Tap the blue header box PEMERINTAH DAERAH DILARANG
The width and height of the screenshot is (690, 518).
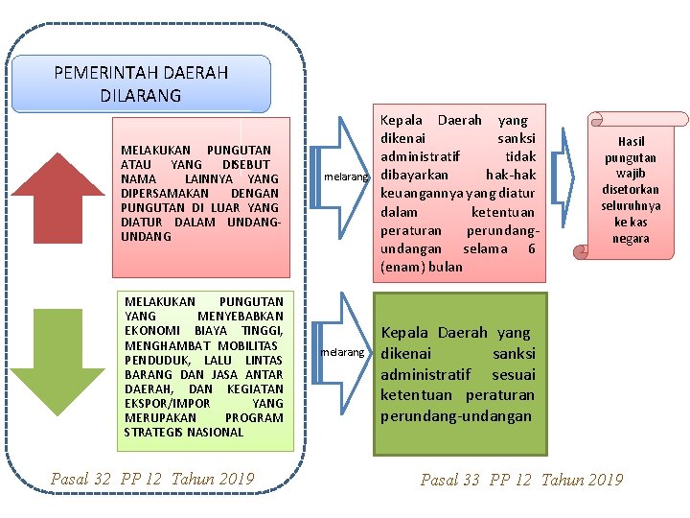click(x=141, y=83)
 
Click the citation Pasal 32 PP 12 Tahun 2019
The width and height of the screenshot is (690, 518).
click(x=152, y=479)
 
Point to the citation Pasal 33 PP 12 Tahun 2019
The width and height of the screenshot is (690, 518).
click(x=521, y=480)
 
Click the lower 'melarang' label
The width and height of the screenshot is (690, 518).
click(x=343, y=353)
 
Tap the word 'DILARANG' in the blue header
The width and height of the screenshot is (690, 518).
click(x=141, y=95)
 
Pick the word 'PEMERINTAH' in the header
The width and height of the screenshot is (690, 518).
click(x=106, y=73)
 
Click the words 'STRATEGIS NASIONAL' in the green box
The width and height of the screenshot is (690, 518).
click(x=184, y=433)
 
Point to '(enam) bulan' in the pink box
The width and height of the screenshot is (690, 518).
click(x=421, y=267)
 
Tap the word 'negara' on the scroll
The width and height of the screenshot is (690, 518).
click(x=630, y=239)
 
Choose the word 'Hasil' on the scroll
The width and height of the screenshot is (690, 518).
click(x=631, y=141)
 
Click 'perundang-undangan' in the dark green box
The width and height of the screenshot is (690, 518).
click(x=457, y=416)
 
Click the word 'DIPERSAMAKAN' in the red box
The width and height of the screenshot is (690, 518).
click(x=163, y=193)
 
